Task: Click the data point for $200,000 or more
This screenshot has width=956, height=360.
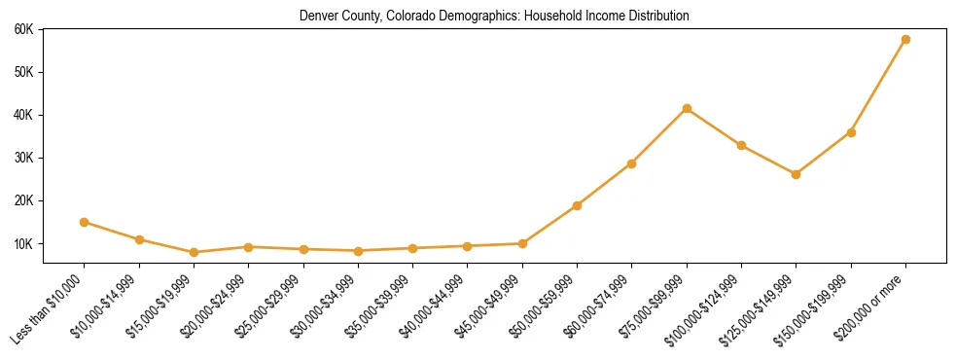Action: pos(905,40)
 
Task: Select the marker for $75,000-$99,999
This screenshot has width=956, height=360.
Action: pos(687,108)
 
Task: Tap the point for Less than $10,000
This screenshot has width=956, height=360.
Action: pos(85,222)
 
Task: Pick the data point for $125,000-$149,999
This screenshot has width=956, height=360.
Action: pos(796,174)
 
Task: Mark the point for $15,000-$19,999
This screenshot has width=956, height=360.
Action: pos(195,252)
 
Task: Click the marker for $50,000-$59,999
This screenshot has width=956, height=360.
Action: pos(577,205)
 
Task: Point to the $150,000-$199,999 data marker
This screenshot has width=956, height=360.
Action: pos(851,132)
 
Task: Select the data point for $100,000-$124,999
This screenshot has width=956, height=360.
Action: pos(741,145)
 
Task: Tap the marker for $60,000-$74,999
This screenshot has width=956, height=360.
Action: pos(632,163)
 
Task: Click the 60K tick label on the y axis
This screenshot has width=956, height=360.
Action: pos(24,29)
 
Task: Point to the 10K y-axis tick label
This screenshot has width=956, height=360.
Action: pos(24,243)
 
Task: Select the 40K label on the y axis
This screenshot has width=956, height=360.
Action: pos(24,115)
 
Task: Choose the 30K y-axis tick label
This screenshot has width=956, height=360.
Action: pos(24,158)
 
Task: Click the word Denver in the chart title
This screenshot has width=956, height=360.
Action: pos(320,16)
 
